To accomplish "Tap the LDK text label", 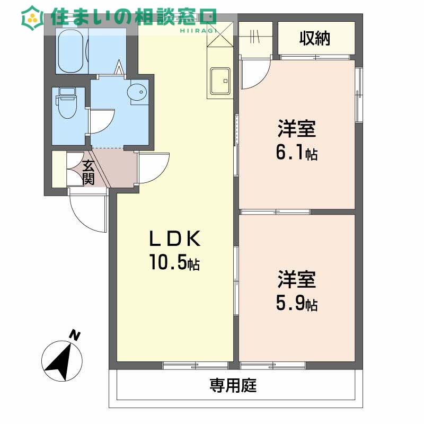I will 174,240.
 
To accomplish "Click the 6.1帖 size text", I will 296,152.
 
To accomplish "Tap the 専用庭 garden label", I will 233,385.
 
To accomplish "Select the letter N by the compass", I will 75,335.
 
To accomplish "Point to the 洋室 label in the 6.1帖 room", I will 296,129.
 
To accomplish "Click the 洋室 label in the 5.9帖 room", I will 296,279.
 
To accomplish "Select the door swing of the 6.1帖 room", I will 257,74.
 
